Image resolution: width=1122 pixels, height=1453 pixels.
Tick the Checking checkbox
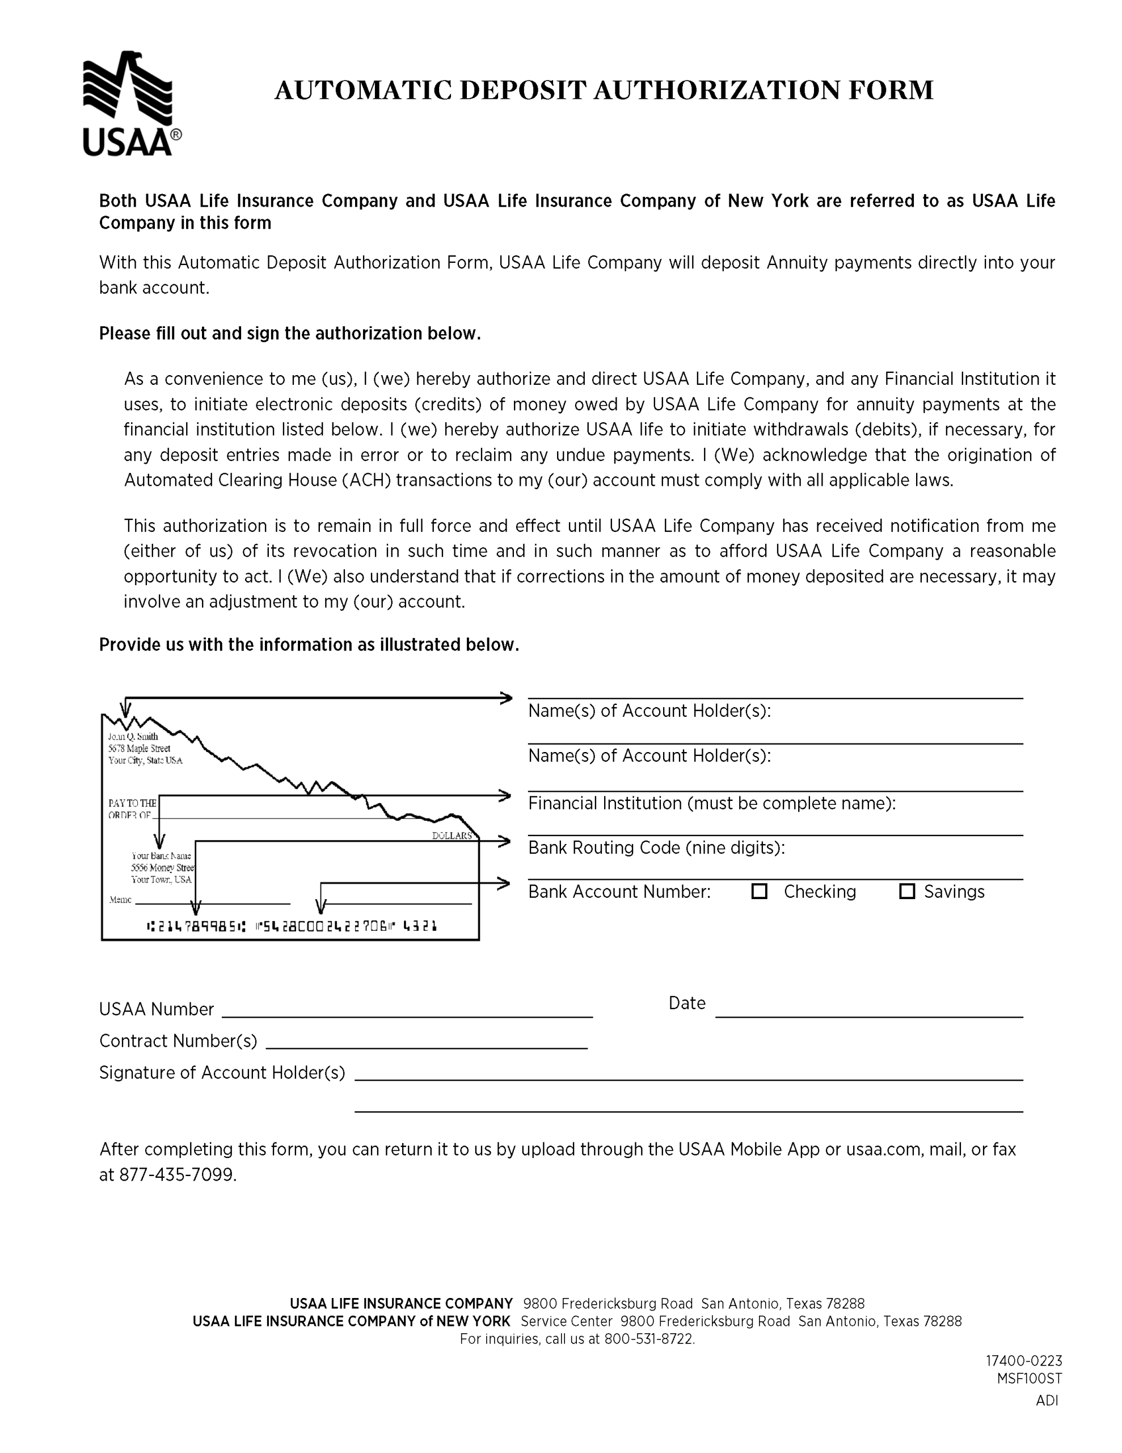pyautogui.click(x=759, y=891)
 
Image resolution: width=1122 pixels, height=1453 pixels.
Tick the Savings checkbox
pyautogui.click(x=906, y=891)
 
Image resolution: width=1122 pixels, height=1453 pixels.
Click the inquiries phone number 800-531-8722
pyautogui.click(x=648, y=1338)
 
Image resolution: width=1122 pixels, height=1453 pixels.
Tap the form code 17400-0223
pyautogui.click(x=1023, y=1360)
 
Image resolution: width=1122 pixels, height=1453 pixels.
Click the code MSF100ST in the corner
pyautogui.click(x=1029, y=1379)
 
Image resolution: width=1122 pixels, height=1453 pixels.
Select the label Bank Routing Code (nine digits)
pyautogui.click(x=656, y=847)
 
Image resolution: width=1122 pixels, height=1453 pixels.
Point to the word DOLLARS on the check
pyautogui.click(x=452, y=835)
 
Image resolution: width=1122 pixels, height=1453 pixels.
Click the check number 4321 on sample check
pyautogui.click(x=420, y=925)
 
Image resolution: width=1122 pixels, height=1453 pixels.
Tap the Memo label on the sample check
pyautogui.click(x=120, y=900)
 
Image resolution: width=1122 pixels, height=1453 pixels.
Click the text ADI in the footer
pyautogui.click(x=1046, y=1400)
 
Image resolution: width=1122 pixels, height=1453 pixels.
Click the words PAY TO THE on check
pyautogui.click(x=132, y=803)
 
